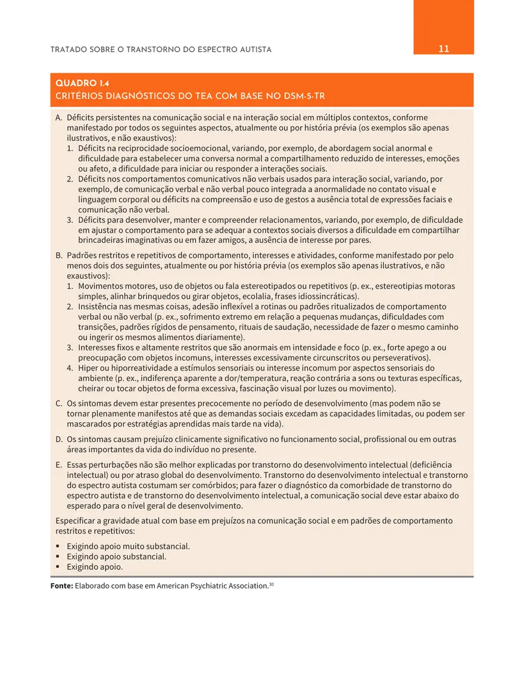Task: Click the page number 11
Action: [444, 49]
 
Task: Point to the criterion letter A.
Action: [59, 118]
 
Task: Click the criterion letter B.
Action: [59, 255]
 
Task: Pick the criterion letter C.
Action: [59, 403]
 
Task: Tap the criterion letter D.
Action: [59, 439]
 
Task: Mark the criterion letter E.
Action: [59, 465]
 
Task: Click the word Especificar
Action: [78, 521]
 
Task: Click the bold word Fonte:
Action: [62, 586]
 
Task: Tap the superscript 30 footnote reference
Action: [272, 584]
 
